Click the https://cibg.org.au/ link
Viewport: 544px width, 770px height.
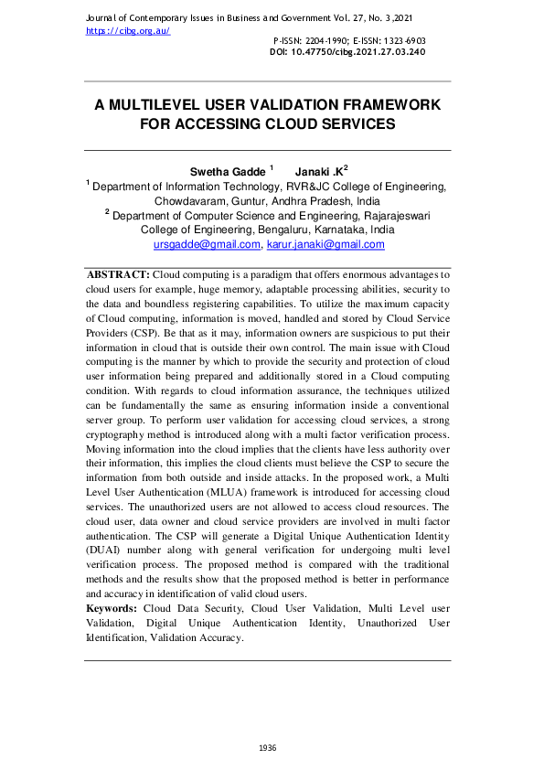point(128,30)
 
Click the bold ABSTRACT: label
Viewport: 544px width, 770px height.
point(118,274)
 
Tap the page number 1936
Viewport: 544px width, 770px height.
point(268,748)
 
